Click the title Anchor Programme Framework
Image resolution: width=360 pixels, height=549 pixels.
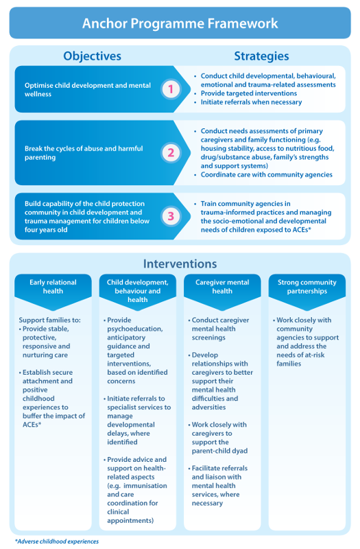(180, 23)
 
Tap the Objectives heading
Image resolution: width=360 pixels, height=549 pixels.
(93, 56)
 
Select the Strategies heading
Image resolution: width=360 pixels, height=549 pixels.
(261, 56)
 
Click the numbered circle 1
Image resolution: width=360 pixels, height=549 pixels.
(171, 89)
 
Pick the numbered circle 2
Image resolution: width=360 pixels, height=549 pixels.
(171, 152)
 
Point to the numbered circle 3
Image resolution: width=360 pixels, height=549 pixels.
(171, 216)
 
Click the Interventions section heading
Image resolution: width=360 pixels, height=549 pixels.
(180, 264)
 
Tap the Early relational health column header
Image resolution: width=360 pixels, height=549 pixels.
(53, 287)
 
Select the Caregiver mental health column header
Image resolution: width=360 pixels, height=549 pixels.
(222, 287)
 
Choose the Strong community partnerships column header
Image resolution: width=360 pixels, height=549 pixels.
(307, 287)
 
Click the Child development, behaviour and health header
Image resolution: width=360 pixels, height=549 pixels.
(138, 291)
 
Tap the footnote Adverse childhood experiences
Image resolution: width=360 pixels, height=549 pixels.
(57, 541)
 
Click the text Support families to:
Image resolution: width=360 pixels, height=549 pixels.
(49, 320)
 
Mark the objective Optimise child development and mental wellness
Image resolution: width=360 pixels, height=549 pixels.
(88, 90)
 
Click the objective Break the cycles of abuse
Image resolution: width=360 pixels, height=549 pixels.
(84, 153)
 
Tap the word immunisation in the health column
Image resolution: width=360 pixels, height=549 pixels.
(145, 486)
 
